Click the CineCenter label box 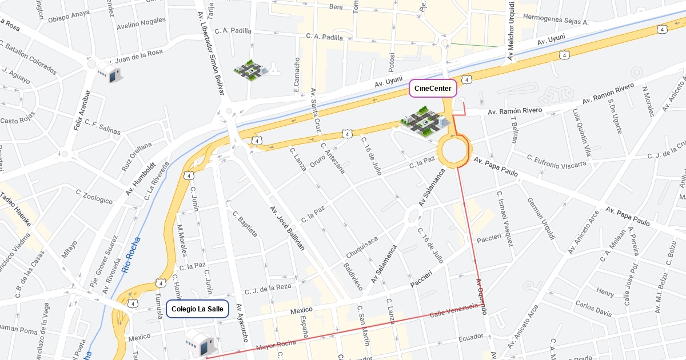point(433,89)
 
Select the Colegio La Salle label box point(197,309)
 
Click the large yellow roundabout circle point(454,151)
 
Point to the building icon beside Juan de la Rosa point(109,73)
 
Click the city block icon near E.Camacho point(251,70)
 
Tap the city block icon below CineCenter point(425,122)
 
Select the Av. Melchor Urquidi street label point(511,31)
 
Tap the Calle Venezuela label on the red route point(453,311)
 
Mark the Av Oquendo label point(481,297)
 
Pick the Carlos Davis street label point(593,309)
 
